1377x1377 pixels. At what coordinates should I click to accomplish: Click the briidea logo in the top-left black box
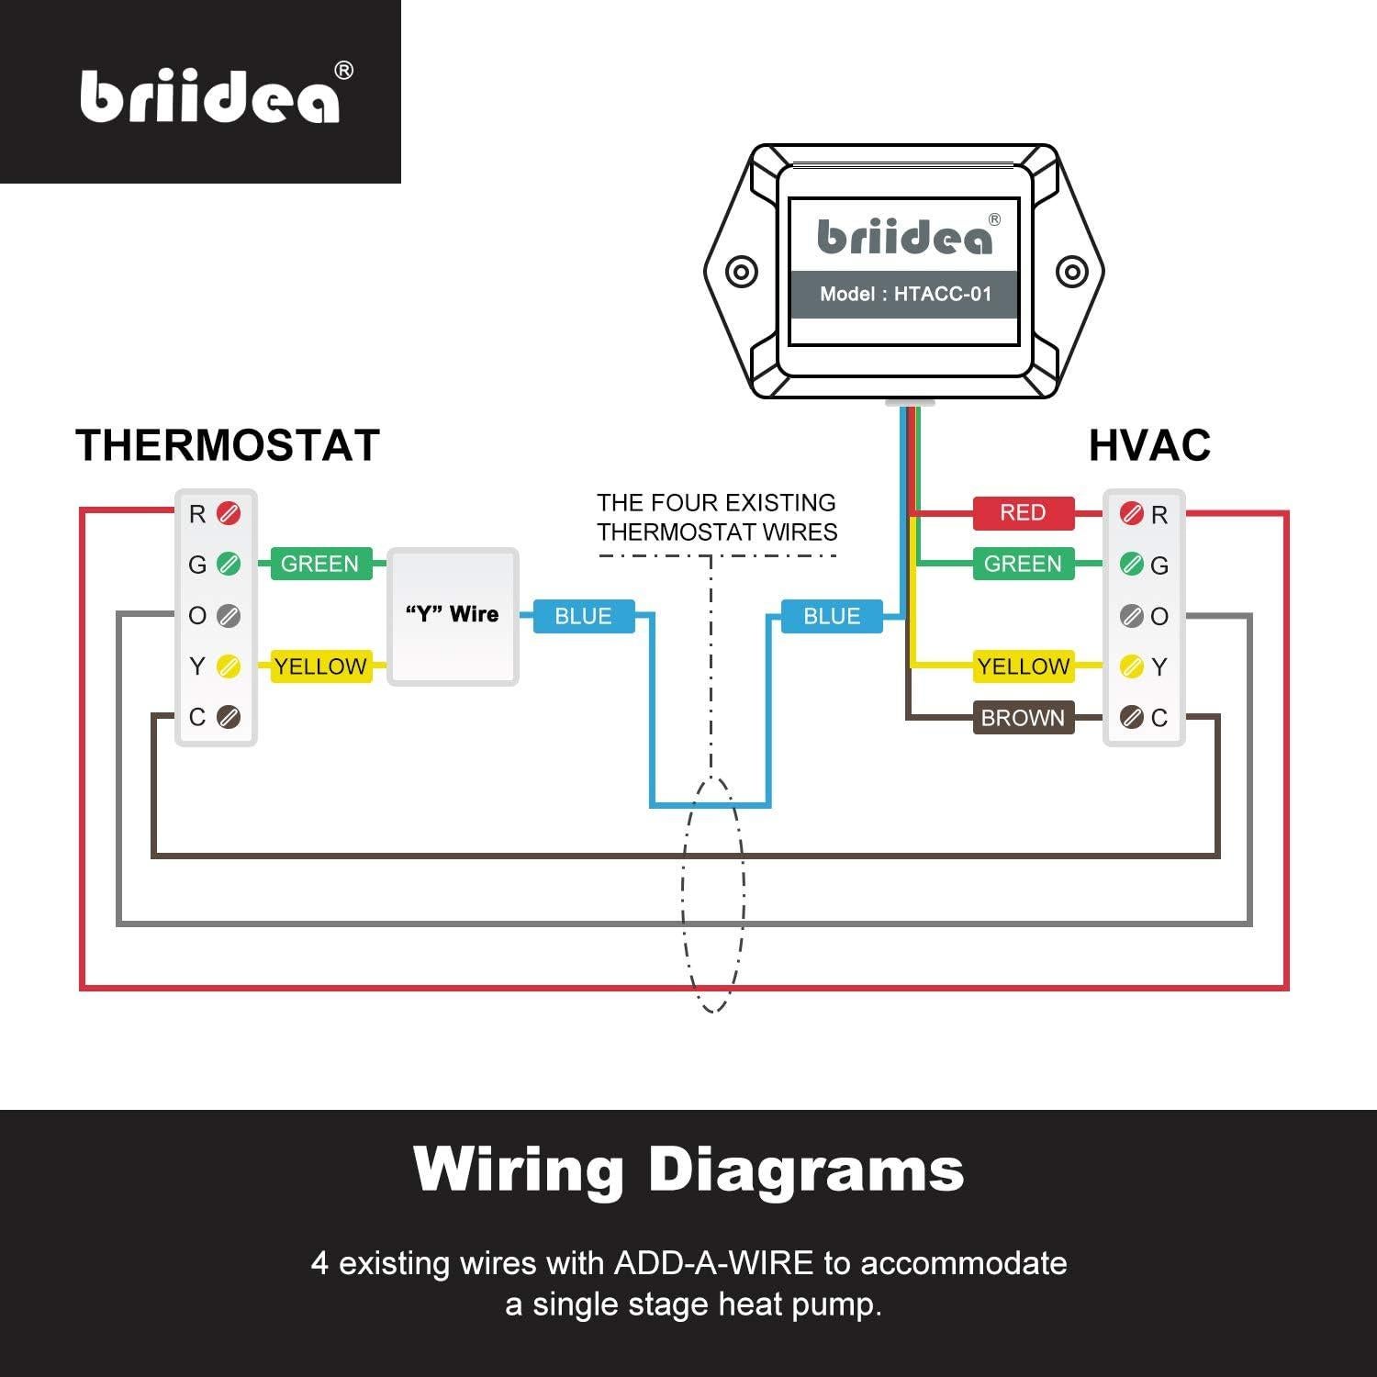pyautogui.click(x=210, y=95)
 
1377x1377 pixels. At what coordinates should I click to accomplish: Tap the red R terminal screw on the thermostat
pyautogui.click(x=229, y=513)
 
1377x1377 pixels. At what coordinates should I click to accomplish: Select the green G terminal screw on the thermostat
pyautogui.click(x=229, y=564)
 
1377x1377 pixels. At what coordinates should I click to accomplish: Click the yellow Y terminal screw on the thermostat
pyautogui.click(x=229, y=666)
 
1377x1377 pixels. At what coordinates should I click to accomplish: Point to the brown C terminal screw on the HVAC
pyautogui.click(x=1132, y=717)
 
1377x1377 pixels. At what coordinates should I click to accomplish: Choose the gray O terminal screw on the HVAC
pyautogui.click(x=1132, y=615)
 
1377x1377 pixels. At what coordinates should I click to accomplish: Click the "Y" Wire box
pyautogui.click(x=453, y=616)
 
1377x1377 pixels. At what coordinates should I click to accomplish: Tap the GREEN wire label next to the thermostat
pyautogui.click(x=319, y=564)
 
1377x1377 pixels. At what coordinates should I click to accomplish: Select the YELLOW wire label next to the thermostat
pyautogui.click(x=319, y=666)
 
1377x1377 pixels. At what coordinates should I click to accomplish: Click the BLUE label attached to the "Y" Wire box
pyautogui.click(x=583, y=616)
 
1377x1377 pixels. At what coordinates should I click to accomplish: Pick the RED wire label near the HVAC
pyautogui.click(x=1023, y=512)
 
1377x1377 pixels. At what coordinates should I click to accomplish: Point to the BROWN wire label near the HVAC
pyautogui.click(x=1023, y=718)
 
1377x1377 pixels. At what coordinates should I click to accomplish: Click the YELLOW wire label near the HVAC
pyautogui.click(x=1023, y=666)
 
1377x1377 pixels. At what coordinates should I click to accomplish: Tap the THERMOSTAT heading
pyautogui.click(x=228, y=446)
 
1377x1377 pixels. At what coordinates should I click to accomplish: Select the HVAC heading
pyautogui.click(x=1149, y=446)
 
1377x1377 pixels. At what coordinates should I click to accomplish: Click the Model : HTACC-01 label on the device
pyautogui.click(x=905, y=295)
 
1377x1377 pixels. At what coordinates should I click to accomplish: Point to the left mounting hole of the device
pyautogui.click(x=742, y=272)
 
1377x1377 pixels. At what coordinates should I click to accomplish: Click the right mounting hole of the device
pyautogui.click(x=1071, y=272)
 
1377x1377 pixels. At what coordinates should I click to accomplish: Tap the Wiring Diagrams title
pyautogui.click(x=688, y=1170)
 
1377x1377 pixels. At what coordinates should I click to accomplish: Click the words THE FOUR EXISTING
pyautogui.click(x=716, y=503)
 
